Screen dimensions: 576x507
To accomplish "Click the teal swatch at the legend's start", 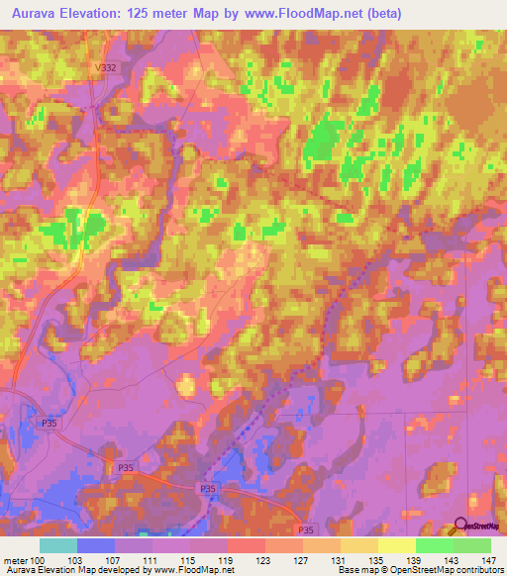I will [x=57, y=545].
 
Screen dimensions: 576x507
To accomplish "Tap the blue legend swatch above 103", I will [x=95, y=545].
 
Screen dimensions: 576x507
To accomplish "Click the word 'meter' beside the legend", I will [x=16, y=560].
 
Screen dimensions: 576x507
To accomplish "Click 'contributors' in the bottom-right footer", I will [x=478, y=571].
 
